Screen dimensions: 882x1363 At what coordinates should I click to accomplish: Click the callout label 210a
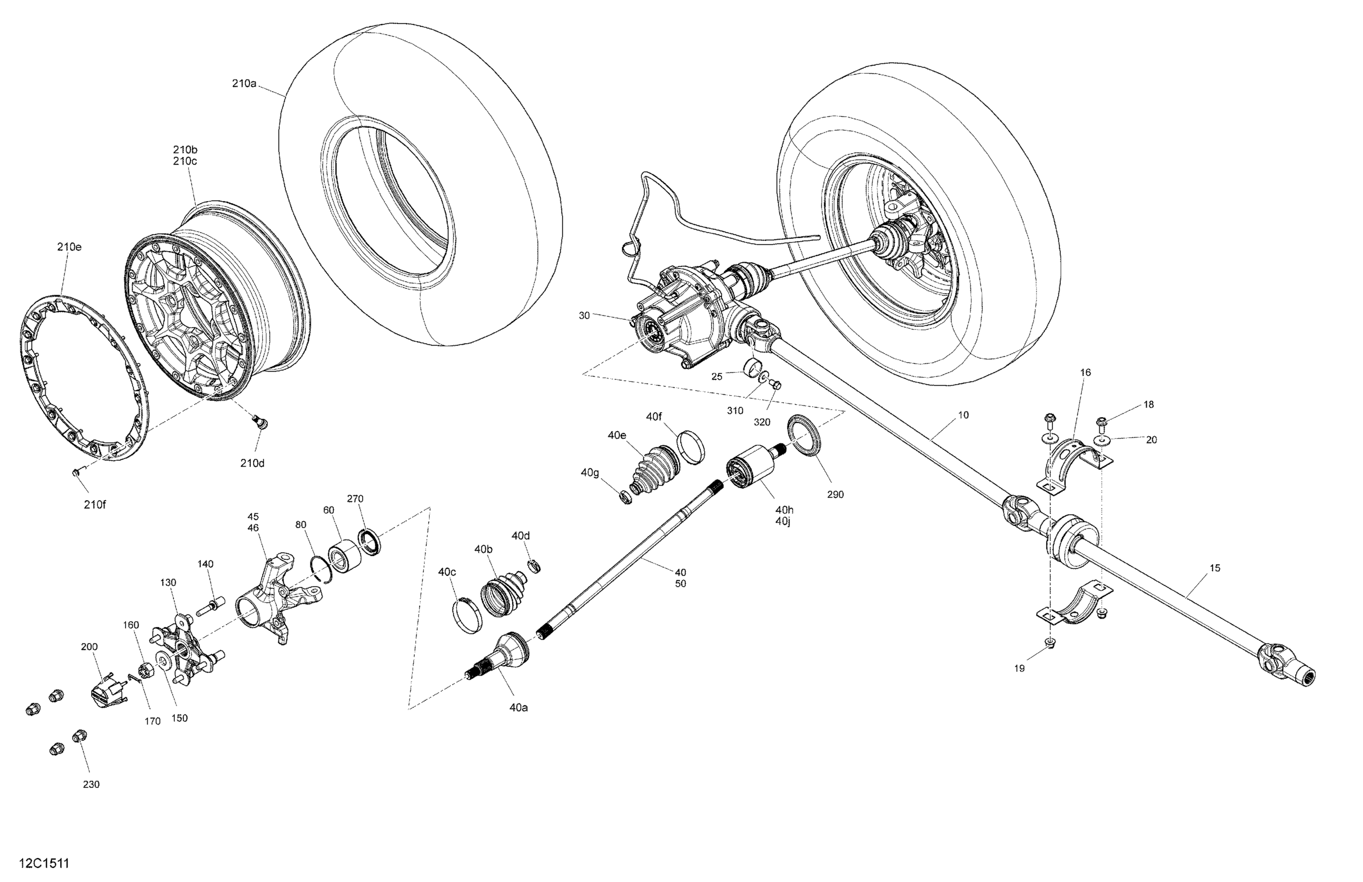(244, 83)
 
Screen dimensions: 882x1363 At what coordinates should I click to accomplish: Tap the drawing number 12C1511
(44, 863)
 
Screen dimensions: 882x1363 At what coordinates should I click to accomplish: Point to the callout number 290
(835, 494)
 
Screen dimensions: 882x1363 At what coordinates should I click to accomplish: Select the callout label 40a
(518, 708)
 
